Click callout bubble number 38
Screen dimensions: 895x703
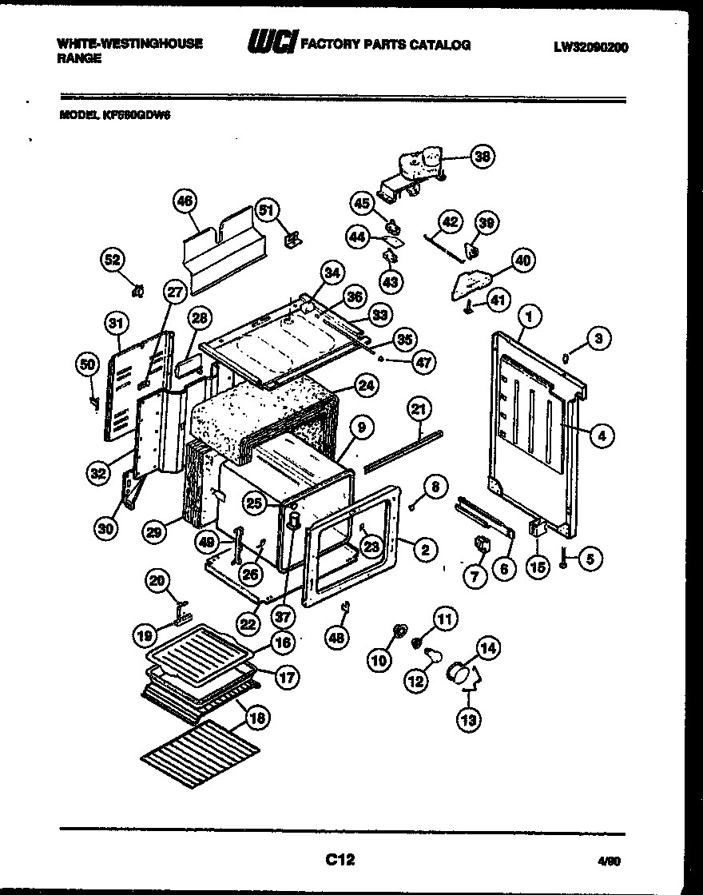482,157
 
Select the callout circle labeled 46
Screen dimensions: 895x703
185,202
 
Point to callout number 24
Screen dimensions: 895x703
365,385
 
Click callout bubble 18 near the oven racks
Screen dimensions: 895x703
256,718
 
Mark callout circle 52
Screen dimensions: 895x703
114,260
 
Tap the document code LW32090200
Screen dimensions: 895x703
590,47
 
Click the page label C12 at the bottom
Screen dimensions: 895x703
340,860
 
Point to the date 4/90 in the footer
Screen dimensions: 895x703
609,861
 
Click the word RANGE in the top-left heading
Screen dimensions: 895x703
79,59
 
